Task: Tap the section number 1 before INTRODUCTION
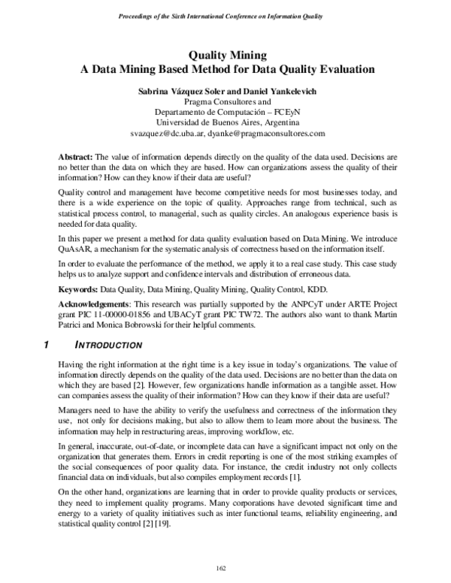click(x=47, y=345)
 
